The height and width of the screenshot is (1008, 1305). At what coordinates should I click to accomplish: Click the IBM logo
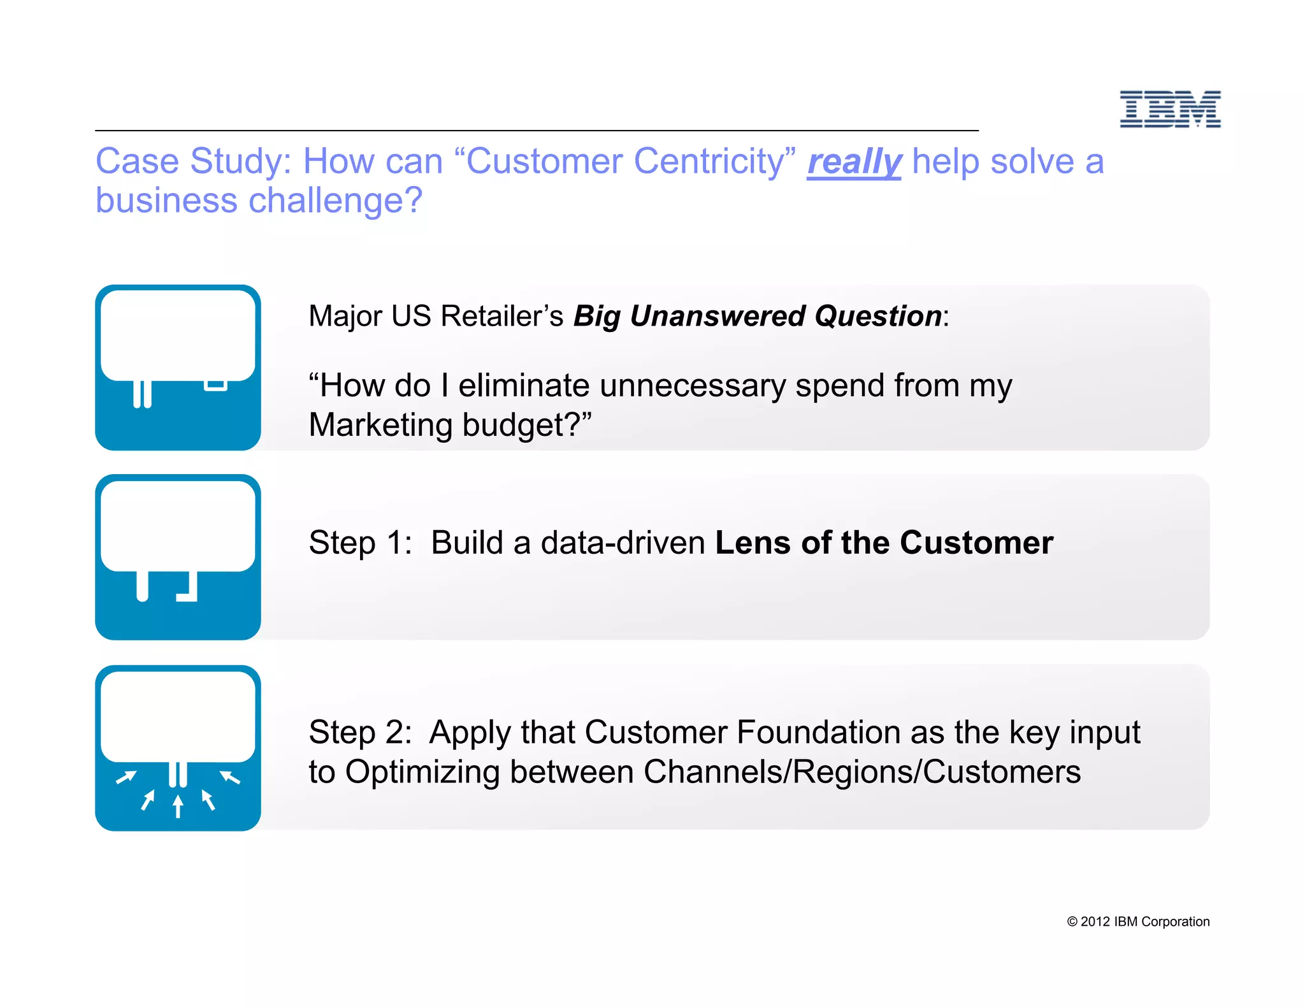[x=1170, y=109]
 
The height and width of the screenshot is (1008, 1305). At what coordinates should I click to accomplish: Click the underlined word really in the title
[x=854, y=161]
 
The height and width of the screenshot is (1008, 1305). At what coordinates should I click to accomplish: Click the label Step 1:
[x=360, y=543]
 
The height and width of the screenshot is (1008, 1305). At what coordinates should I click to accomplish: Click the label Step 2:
[x=360, y=732]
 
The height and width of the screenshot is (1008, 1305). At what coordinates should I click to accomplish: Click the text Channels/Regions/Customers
[x=862, y=772]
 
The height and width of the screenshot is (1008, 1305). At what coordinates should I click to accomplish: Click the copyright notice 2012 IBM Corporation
[x=1138, y=921]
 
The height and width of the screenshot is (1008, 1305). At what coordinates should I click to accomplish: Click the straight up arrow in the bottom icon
[x=178, y=805]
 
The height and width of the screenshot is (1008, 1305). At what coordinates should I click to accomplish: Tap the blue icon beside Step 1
[x=178, y=557]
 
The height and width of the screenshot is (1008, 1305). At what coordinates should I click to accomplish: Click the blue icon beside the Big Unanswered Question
[x=178, y=368]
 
